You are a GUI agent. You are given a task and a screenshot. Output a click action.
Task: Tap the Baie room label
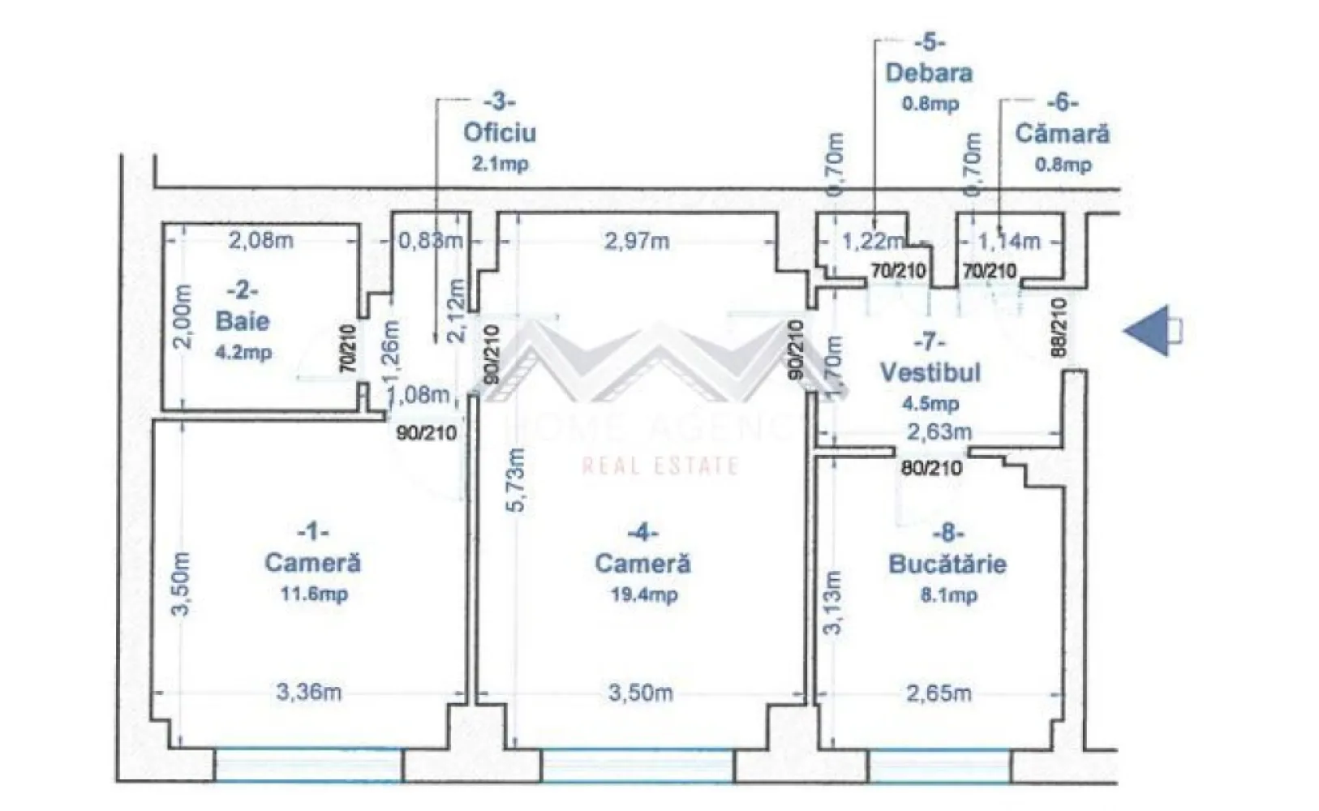pyautogui.click(x=242, y=320)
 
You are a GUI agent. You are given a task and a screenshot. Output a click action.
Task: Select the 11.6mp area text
pyautogui.click(x=314, y=594)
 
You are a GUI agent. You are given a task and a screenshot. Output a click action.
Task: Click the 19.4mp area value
pyautogui.click(x=643, y=594)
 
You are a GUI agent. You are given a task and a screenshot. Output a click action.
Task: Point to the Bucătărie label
pyautogui.click(x=947, y=564)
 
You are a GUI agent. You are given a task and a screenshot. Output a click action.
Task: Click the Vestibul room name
pyautogui.click(x=930, y=372)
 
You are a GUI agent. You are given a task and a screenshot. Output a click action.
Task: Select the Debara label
pyautogui.click(x=929, y=73)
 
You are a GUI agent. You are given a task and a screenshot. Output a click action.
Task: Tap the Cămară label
pyautogui.click(x=1062, y=133)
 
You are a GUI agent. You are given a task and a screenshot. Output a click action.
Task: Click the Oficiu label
pyautogui.click(x=500, y=132)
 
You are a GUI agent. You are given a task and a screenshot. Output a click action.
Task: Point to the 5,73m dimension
pyautogui.click(x=517, y=478)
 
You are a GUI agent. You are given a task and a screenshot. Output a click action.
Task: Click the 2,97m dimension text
pyautogui.click(x=637, y=241)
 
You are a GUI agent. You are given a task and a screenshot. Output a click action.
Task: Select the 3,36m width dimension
pyautogui.click(x=308, y=692)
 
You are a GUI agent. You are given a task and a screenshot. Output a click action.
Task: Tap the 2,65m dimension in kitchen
pyautogui.click(x=939, y=693)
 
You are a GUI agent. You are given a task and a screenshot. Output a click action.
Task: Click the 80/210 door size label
pyautogui.click(x=931, y=468)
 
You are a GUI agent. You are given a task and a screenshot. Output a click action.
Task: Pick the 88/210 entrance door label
pyautogui.click(x=1059, y=329)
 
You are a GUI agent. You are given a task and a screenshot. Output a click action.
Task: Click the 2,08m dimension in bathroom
pyautogui.click(x=260, y=240)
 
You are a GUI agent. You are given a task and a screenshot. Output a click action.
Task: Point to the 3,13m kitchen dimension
pyautogui.click(x=832, y=602)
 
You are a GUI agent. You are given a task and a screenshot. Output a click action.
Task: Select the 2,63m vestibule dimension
pyautogui.click(x=939, y=431)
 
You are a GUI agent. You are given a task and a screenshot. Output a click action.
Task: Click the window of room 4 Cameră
pyautogui.click(x=637, y=766)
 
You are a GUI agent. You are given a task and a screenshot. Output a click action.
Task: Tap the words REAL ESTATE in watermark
pyautogui.click(x=659, y=466)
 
